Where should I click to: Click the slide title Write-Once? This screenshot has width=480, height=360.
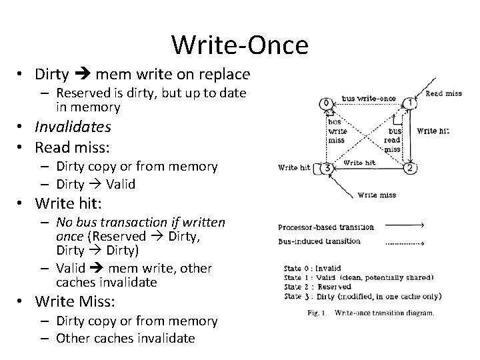[239, 45]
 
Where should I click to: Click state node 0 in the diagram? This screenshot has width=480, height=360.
[325, 104]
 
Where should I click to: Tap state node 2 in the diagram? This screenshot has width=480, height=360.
[410, 168]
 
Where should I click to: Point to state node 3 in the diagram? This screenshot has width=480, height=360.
[327, 168]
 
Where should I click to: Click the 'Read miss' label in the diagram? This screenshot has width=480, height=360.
[443, 93]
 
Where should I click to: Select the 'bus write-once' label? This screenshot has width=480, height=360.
[369, 99]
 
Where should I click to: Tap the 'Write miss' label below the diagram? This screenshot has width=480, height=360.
[377, 195]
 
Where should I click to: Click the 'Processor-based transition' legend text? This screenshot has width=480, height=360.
[325, 227]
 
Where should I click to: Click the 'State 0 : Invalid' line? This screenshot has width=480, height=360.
[313, 269]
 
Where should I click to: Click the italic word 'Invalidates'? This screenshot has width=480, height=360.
[73, 127]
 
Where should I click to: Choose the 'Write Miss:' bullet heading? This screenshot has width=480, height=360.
[75, 301]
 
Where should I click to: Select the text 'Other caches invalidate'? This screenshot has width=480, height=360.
[126, 338]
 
